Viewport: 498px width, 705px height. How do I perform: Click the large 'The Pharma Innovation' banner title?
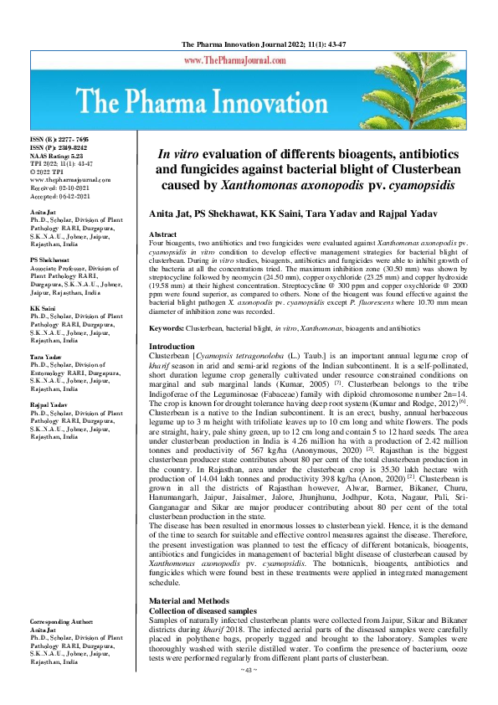click(x=249, y=105)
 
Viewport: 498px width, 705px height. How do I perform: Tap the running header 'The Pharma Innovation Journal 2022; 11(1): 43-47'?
click(x=249, y=44)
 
